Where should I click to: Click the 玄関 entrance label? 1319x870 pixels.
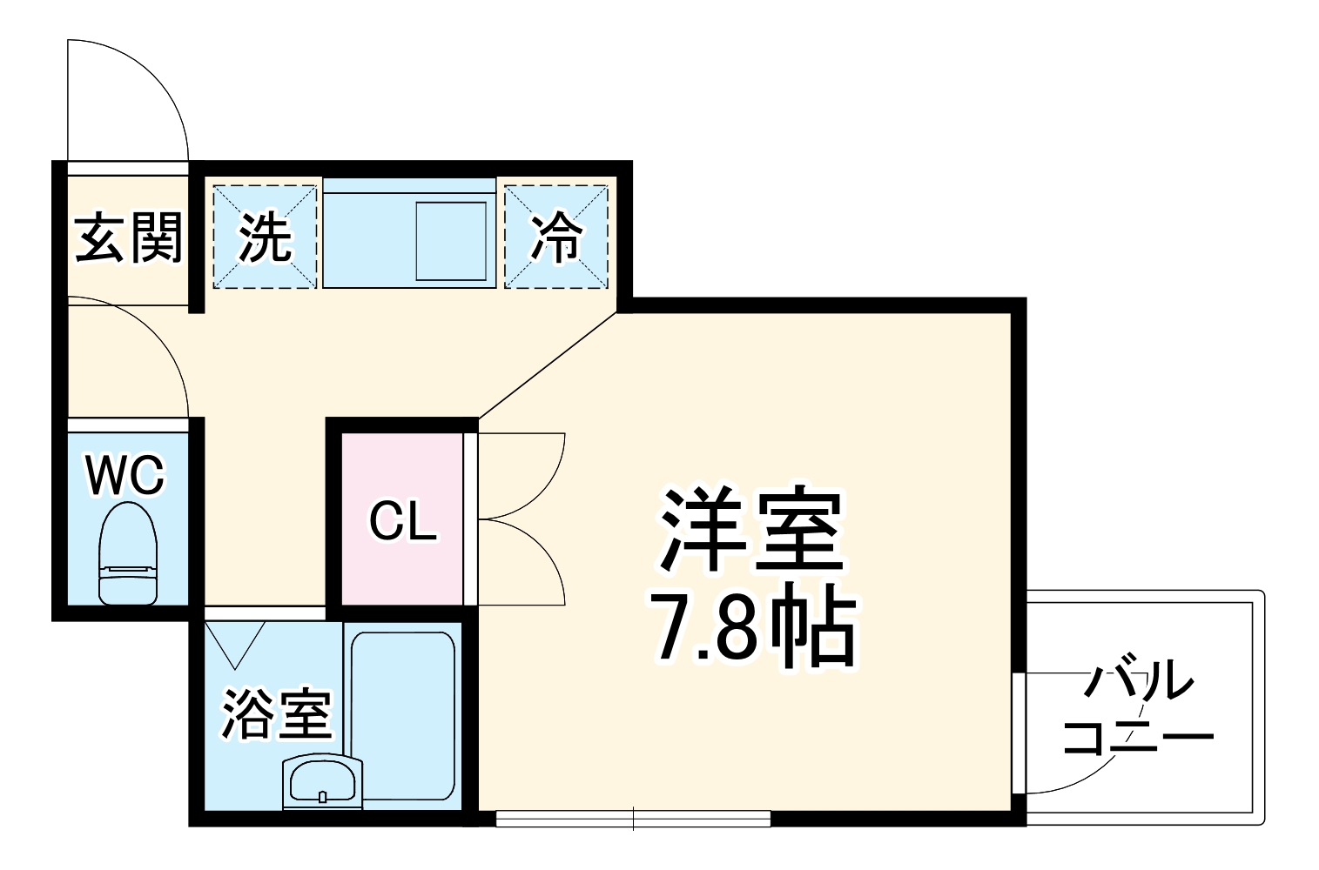pyautogui.click(x=128, y=237)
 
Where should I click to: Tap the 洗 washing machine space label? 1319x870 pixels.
pyautogui.click(x=265, y=237)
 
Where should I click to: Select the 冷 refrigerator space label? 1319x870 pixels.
pyautogui.click(x=556, y=237)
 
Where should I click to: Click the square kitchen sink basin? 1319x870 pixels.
pyautogui.click(x=451, y=241)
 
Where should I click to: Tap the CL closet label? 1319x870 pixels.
pyautogui.click(x=401, y=521)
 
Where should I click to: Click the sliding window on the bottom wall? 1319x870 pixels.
pyautogui.click(x=633, y=819)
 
